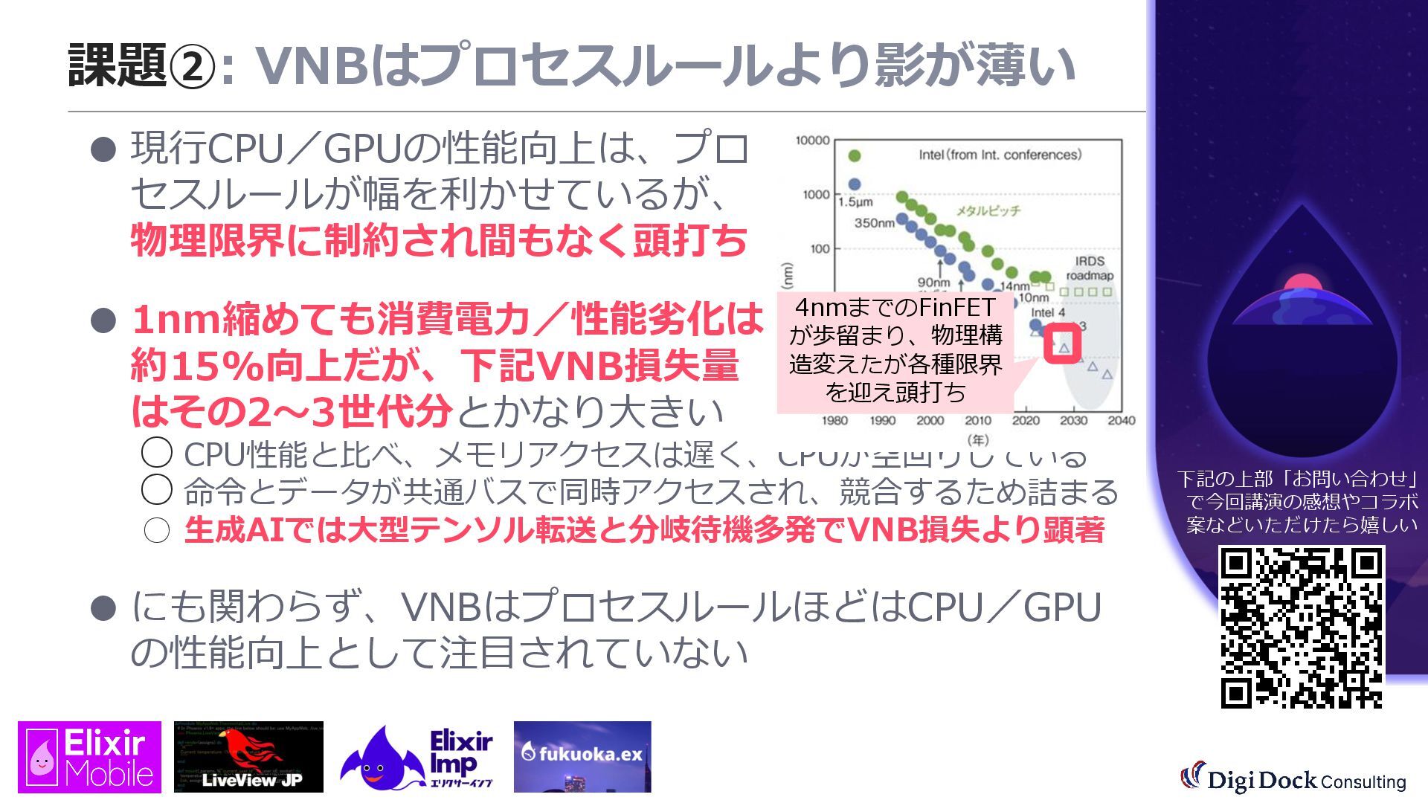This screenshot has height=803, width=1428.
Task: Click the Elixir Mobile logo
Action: (89, 757)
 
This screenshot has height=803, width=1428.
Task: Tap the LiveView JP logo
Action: (248, 757)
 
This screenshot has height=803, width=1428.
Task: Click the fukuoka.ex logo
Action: (582, 755)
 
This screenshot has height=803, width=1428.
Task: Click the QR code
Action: (1302, 627)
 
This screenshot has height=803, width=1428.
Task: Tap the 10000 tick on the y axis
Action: (812, 141)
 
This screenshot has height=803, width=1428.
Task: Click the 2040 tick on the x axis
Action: (1121, 421)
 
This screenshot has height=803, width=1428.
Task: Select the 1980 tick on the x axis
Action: (834, 421)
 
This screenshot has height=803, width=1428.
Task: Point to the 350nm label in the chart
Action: (874, 222)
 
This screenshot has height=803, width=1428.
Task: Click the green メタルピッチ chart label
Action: (988, 211)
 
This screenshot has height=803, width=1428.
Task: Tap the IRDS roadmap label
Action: (1090, 268)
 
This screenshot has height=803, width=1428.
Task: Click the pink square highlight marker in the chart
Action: (1062, 344)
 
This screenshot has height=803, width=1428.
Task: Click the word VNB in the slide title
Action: (313, 65)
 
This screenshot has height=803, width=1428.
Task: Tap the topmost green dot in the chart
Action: (855, 155)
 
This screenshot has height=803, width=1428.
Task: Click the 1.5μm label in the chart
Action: (855, 202)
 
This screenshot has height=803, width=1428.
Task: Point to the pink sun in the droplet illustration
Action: (1302, 283)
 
